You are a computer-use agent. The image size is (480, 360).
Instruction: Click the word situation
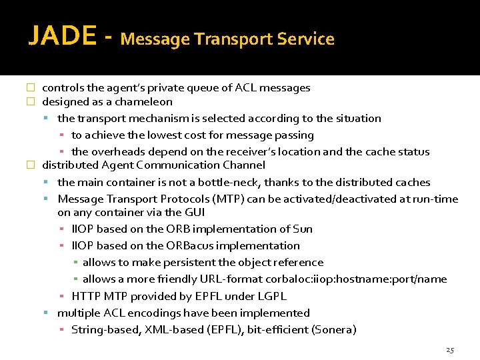pyautogui.click(x=358, y=119)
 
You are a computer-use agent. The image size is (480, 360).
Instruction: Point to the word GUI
pyautogui.click(x=194, y=213)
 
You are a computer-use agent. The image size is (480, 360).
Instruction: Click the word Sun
pyautogui.click(x=303, y=229)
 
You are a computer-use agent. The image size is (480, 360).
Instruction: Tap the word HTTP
pyautogui.click(x=85, y=296)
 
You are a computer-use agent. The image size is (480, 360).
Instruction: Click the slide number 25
pyautogui.click(x=449, y=350)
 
